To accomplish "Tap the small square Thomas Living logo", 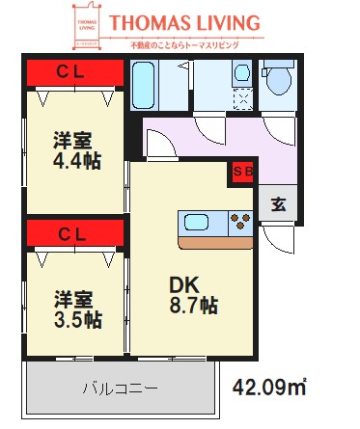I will (88, 29).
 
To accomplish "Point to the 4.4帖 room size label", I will (77, 160).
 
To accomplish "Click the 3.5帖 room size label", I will (77, 318).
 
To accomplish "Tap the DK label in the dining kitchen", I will (183, 284).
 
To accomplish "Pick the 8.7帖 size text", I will (194, 306).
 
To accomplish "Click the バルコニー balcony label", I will (120, 389).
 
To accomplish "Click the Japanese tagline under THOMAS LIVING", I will (182, 44).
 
